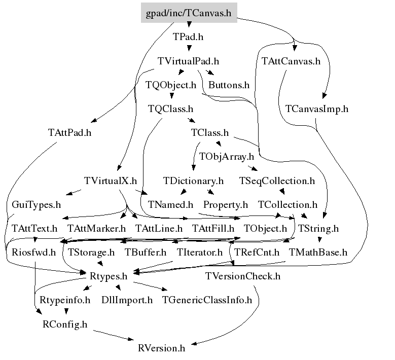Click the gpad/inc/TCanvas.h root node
click(189, 13)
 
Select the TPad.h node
click(188, 37)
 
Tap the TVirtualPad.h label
click(188, 61)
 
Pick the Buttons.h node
click(229, 85)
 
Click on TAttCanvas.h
click(291, 61)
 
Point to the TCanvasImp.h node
click(317, 109)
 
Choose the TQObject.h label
click(170, 85)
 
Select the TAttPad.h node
click(69, 133)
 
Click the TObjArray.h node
click(227, 157)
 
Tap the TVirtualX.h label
click(111, 181)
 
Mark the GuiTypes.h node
click(37, 205)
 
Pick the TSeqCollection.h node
click(277, 181)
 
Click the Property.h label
click(226, 205)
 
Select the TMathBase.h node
click(318, 252)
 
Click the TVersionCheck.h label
click(243, 276)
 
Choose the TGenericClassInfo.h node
click(207, 300)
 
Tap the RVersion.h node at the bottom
click(161, 348)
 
